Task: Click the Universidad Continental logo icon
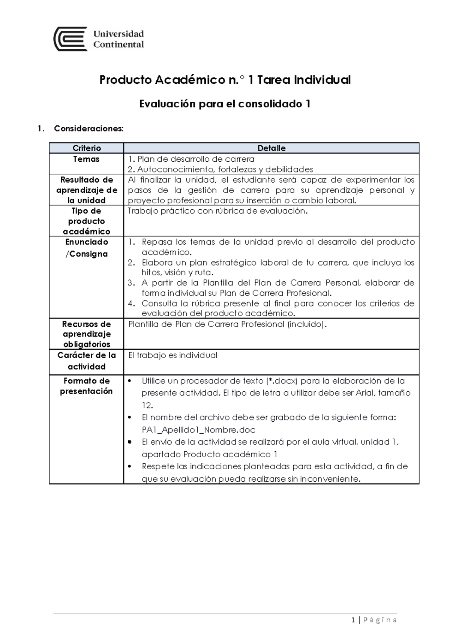71,39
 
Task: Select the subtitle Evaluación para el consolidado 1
225,104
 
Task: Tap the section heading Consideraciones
88,129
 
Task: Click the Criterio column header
87,148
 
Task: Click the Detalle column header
271,148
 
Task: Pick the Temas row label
86,159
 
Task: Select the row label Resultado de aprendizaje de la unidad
87,190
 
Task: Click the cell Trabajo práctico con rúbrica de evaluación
217,211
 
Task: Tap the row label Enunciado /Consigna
87,248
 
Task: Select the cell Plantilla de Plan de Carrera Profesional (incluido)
227,324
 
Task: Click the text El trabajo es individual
173,355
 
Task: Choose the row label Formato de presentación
87,386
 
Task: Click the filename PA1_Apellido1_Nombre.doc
198,430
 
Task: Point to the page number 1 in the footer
353,620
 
